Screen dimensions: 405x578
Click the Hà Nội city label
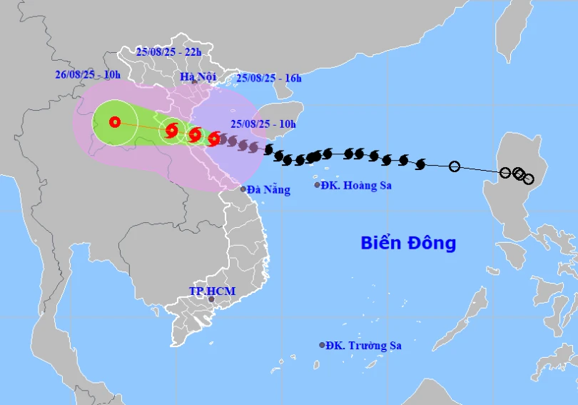click(x=193, y=76)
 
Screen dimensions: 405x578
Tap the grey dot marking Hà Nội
click(x=194, y=82)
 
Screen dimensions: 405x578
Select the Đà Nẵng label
click(x=269, y=190)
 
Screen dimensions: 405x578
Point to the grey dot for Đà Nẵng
click(x=243, y=189)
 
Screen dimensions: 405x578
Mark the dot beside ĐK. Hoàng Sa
click(x=318, y=185)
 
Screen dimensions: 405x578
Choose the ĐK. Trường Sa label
click(x=363, y=346)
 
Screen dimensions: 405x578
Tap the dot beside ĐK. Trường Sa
click(x=322, y=345)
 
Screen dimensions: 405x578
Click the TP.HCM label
click(x=211, y=291)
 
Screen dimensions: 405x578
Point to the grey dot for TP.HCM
click(x=211, y=299)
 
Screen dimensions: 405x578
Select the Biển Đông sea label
click(x=407, y=243)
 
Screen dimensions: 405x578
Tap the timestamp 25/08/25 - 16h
click(x=268, y=79)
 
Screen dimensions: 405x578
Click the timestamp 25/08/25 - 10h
click(x=263, y=124)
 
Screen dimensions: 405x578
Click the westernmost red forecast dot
click(x=115, y=122)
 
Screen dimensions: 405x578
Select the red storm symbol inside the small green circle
click(x=171, y=130)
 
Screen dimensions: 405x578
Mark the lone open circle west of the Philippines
click(x=455, y=166)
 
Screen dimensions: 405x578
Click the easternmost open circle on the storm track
click(x=528, y=179)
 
